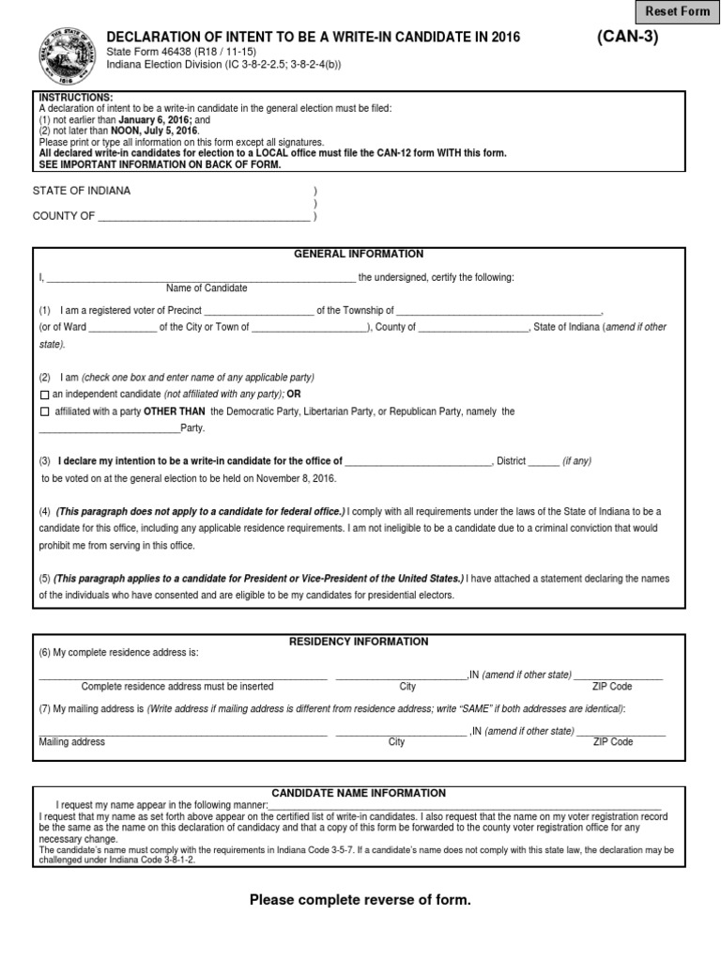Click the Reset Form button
[x=677, y=11]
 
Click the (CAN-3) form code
[x=627, y=38]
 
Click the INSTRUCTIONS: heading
[x=75, y=98]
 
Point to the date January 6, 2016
[x=153, y=120]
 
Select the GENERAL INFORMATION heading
[x=359, y=254]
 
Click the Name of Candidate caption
[x=207, y=287]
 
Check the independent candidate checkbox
[x=44, y=395]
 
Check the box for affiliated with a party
[x=44, y=412]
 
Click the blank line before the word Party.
[x=109, y=429]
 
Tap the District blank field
[x=543, y=462]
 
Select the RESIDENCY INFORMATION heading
[x=359, y=642]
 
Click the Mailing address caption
[x=72, y=742]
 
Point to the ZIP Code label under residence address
[x=613, y=687]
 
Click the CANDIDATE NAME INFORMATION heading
[x=359, y=793]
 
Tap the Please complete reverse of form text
[x=360, y=900]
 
